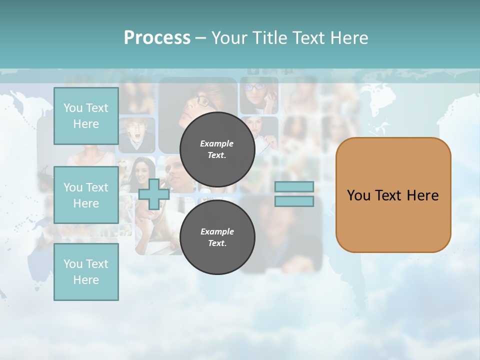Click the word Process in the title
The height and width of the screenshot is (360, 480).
(157, 38)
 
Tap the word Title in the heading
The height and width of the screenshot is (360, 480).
(270, 38)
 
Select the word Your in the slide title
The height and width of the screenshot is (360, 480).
(230, 38)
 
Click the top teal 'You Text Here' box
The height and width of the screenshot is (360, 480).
(86, 116)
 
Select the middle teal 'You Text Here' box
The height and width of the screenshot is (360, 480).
(86, 195)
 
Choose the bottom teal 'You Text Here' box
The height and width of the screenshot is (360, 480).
(86, 272)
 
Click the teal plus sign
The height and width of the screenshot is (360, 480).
(153, 194)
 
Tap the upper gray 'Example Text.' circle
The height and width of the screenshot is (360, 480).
(217, 149)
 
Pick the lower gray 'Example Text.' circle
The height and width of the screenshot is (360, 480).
(217, 237)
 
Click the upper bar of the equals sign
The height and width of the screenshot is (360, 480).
(294, 186)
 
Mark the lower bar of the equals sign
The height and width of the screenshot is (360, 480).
(294, 201)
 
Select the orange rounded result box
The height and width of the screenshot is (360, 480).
(393, 194)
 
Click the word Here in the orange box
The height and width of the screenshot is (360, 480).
(422, 195)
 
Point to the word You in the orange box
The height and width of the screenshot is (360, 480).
(358, 195)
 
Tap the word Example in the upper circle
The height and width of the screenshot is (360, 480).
(217, 143)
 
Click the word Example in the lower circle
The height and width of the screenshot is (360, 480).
(217, 231)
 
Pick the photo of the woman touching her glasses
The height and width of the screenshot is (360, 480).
(258, 95)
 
